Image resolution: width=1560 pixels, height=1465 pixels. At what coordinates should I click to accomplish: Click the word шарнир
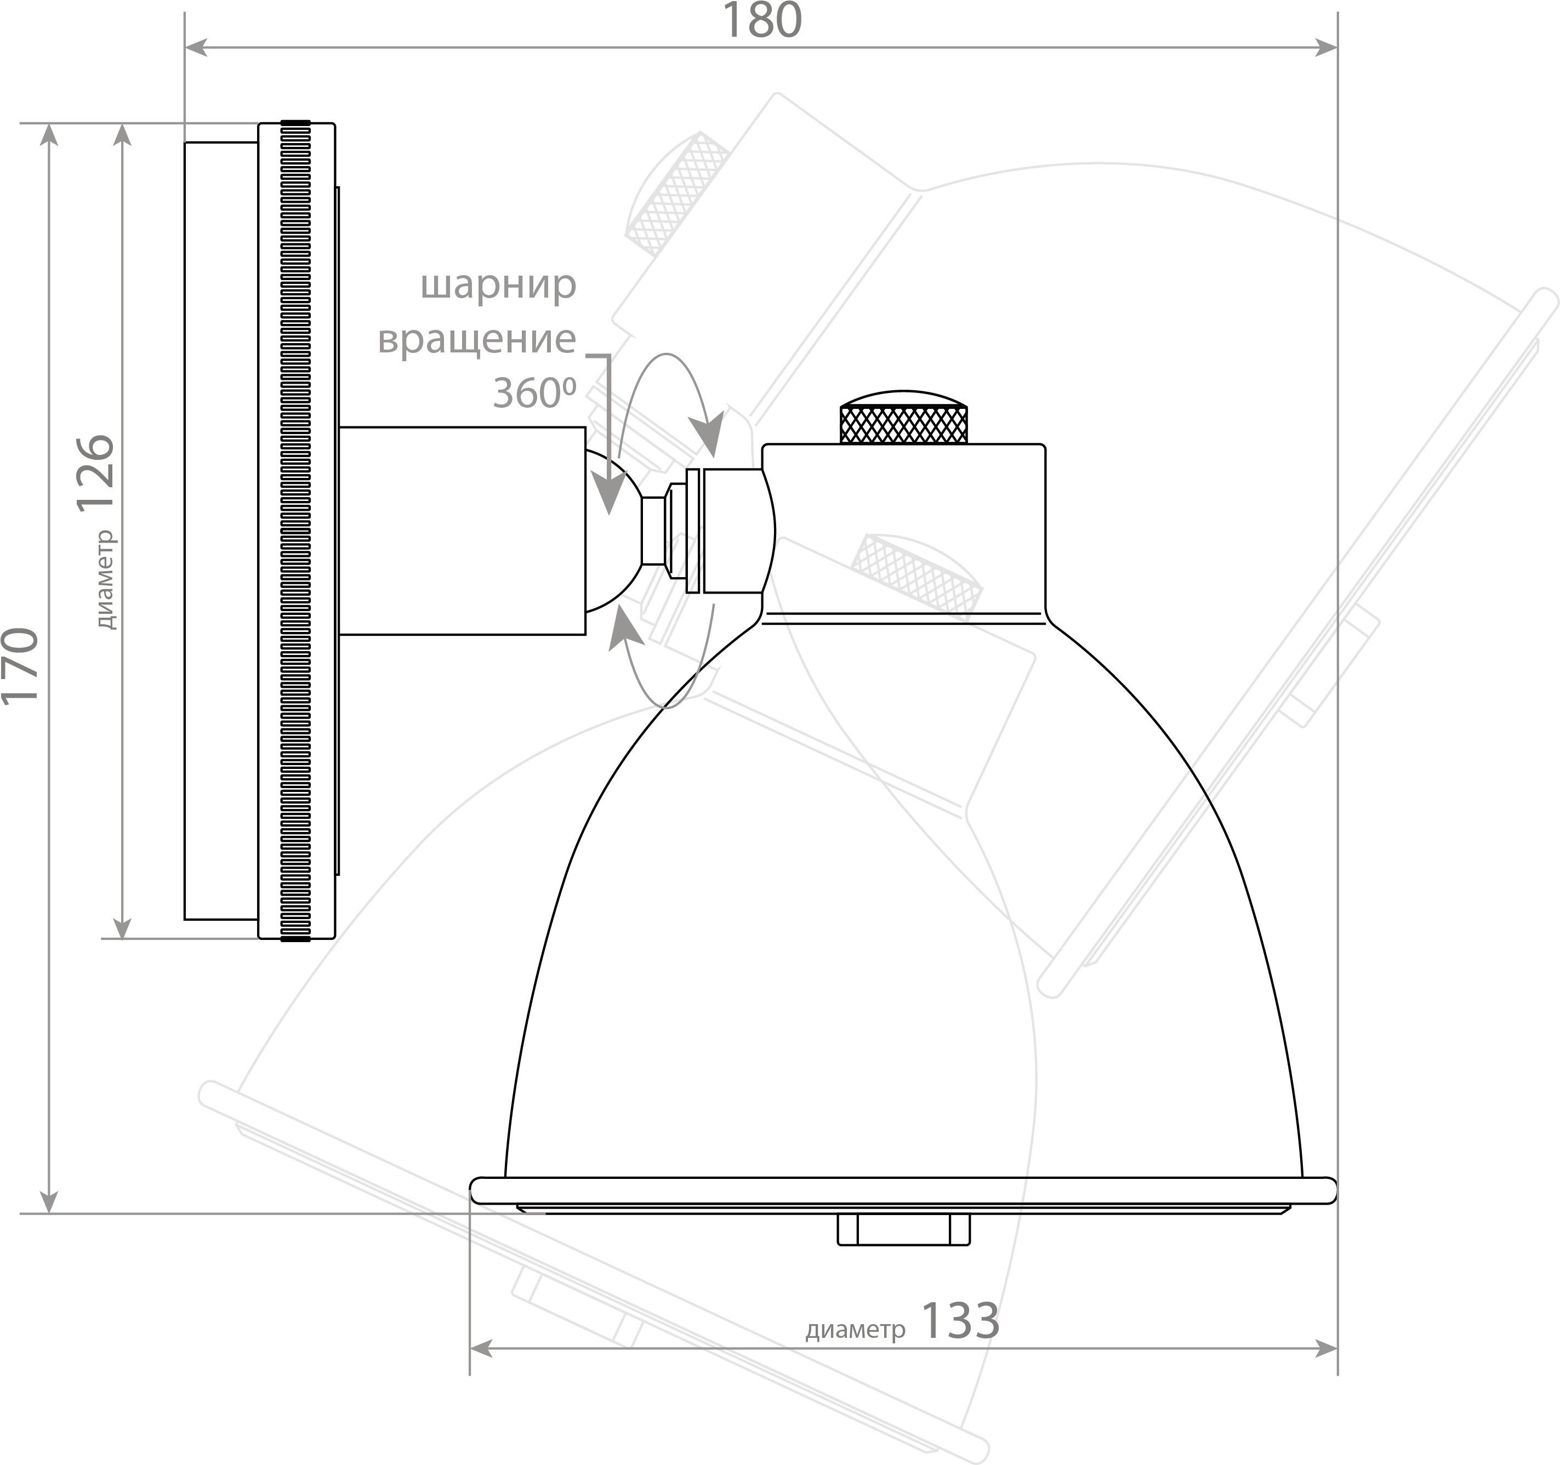coord(498,286)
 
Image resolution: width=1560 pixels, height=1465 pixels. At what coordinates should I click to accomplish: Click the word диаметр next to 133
coord(855,1330)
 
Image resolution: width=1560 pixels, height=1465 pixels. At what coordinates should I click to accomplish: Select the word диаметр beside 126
coord(104,580)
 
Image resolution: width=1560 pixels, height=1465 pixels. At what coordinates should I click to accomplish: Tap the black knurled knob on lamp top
coord(903,418)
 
